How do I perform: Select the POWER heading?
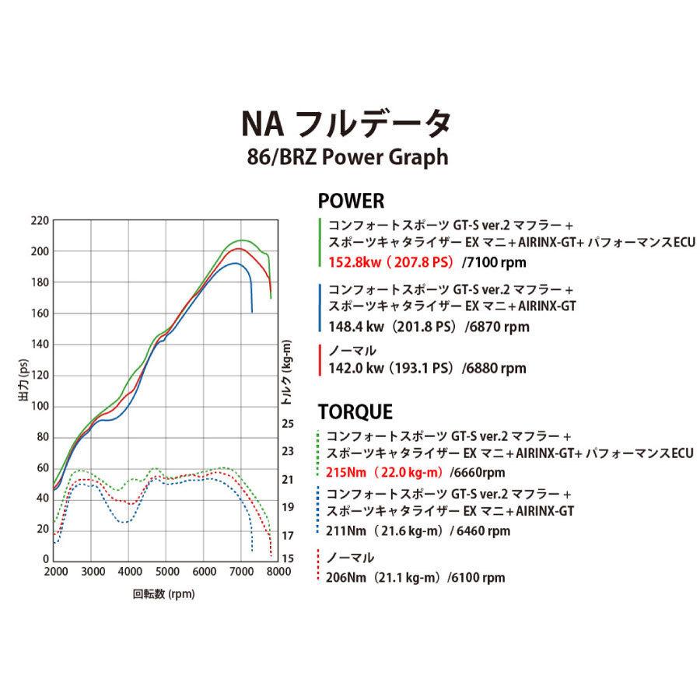352,201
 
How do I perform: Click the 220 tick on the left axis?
39,221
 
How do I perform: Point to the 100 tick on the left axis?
39,407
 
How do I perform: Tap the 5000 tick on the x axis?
166,572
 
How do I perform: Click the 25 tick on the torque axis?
287,425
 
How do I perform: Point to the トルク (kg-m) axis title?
287,373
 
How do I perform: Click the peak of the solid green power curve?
240,240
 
